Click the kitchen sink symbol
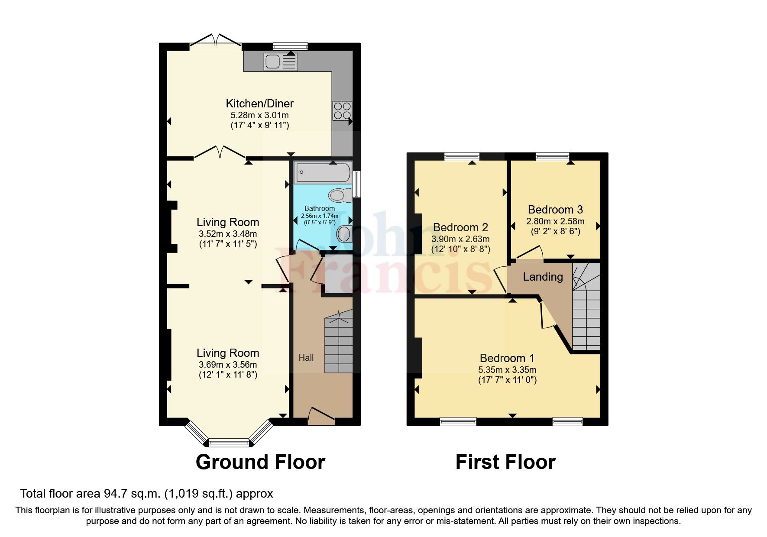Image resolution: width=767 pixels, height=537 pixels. pyautogui.click(x=280, y=61)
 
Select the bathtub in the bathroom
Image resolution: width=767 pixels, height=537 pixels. pyautogui.click(x=323, y=173)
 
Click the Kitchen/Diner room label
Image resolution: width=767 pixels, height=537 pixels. pyautogui.click(x=259, y=104)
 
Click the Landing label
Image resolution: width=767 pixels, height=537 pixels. pyautogui.click(x=543, y=277)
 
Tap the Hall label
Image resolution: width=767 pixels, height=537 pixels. pyautogui.click(x=306, y=358)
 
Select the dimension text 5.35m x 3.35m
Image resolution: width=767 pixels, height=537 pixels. pyautogui.click(x=507, y=370)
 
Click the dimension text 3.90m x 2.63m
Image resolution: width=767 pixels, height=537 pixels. pyautogui.click(x=460, y=239)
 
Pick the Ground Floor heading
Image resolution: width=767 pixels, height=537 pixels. pyautogui.click(x=260, y=462)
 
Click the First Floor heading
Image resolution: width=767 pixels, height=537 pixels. pyautogui.click(x=505, y=462)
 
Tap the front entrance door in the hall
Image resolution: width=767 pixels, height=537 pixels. pyautogui.click(x=321, y=415)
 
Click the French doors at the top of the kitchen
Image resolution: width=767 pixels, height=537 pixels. pyautogui.click(x=216, y=39)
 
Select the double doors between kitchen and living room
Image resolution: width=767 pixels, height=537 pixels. pyautogui.click(x=220, y=152)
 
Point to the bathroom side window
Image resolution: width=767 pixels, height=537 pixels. pyautogui.click(x=357, y=184)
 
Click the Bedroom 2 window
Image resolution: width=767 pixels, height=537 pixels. pyautogui.click(x=462, y=157)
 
